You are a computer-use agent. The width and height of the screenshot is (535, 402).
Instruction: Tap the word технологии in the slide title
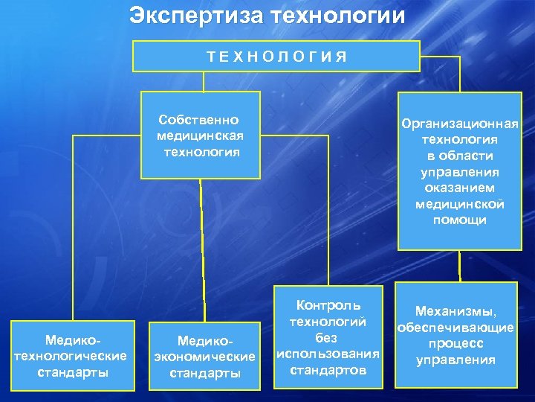point(336,16)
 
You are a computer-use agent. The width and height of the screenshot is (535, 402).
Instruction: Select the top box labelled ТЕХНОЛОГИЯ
point(276,56)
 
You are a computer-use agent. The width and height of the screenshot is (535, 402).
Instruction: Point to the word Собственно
point(198,120)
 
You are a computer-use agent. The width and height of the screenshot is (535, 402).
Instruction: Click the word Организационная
point(459,124)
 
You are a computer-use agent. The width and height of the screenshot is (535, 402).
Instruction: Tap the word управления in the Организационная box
point(459,172)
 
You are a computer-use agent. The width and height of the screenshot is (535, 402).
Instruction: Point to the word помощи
point(459,220)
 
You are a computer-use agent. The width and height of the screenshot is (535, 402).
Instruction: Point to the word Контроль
point(328,305)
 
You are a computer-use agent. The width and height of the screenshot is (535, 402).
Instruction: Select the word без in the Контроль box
point(328,337)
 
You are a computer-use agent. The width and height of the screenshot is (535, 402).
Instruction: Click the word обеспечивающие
point(455,328)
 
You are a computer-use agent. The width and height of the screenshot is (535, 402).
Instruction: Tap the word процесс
point(455,344)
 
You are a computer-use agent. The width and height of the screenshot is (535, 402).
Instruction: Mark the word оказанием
point(459,188)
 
